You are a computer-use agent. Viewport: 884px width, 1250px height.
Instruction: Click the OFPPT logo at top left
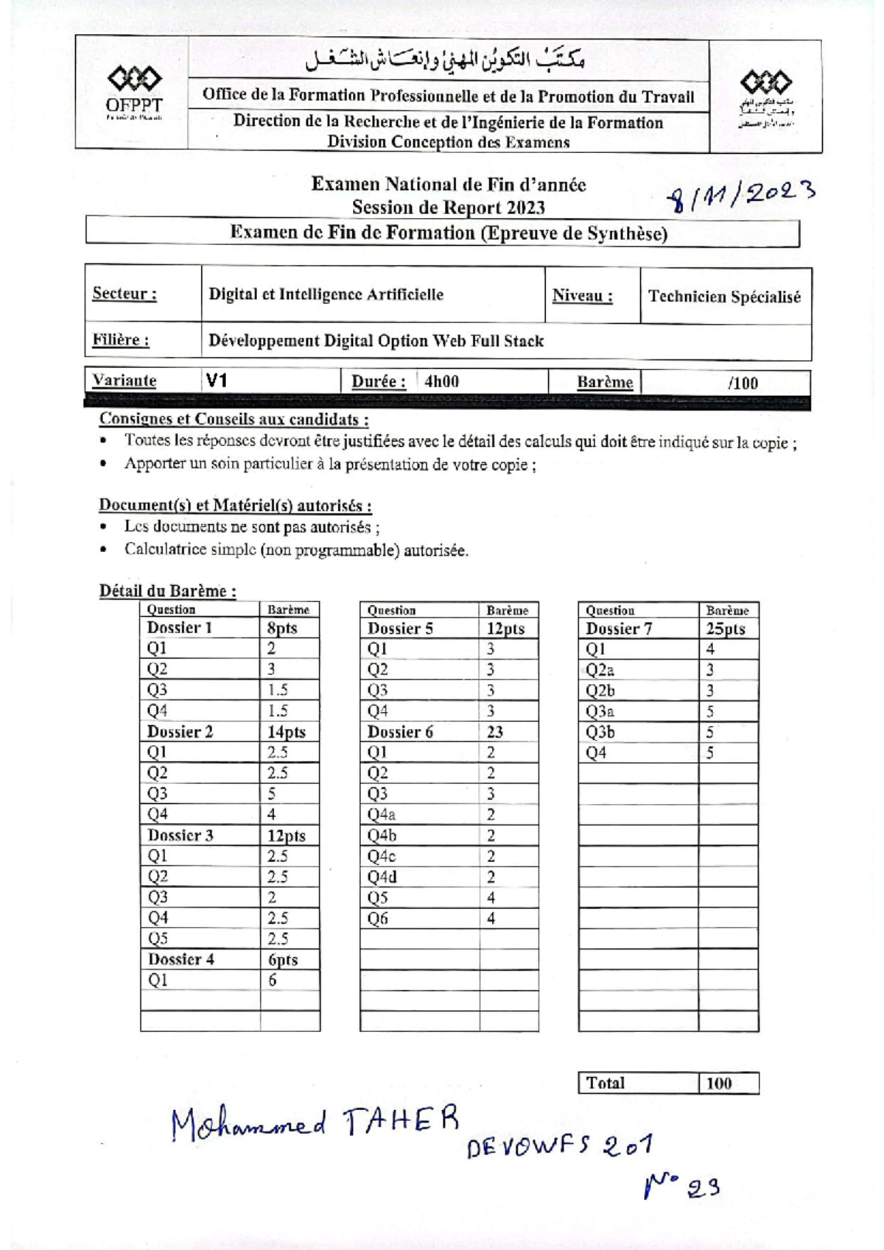click(x=134, y=91)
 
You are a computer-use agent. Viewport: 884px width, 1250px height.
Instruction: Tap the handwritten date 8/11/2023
click(x=740, y=197)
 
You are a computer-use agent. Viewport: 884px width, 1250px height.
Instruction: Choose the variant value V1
click(x=216, y=381)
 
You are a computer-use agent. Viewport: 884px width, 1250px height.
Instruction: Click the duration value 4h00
click(x=441, y=381)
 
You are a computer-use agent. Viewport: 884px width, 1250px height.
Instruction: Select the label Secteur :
click(x=124, y=294)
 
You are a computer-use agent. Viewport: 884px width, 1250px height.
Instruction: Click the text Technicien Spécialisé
click(x=724, y=297)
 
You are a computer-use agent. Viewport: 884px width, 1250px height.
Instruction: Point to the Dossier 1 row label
click(x=179, y=627)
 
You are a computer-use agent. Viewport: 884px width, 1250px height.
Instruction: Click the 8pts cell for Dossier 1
click(x=282, y=628)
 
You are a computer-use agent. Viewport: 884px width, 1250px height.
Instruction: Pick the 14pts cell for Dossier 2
click(x=286, y=732)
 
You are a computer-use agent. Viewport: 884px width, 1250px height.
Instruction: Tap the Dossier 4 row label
click(x=180, y=959)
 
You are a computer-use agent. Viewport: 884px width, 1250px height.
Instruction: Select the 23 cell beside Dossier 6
click(x=494, y=732)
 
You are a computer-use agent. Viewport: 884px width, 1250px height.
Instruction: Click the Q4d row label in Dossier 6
click(x=382, y=877)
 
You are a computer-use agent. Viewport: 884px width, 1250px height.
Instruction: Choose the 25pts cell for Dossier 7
click(x=725, y=629)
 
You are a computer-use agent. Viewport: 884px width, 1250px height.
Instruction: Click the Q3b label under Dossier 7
click(x=600, y=732)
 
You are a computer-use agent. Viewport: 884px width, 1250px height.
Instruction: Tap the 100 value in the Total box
click(x=718, y=1083)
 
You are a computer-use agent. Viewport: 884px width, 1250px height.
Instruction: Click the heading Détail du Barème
click(x=167, y=590)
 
